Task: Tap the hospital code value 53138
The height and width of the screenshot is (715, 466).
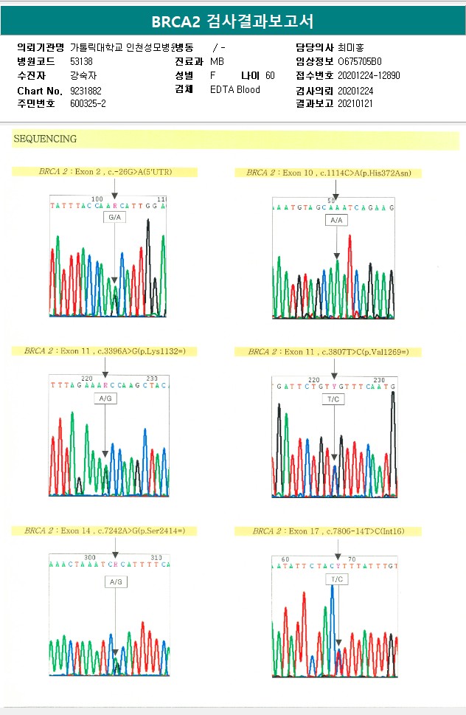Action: click(81, 61)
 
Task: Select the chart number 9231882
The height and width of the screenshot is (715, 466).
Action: click(86, 90)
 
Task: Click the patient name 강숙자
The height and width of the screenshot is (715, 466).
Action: click(83, 75)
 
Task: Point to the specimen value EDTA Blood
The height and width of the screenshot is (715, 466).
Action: click(235, 90)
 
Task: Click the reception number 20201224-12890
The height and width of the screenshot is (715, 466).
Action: click(369, 75)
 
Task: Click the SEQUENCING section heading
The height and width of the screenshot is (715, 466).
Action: click(45, 139)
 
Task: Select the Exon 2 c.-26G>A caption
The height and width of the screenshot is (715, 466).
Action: click(105, 172)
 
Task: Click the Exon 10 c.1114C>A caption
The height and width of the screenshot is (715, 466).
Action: click(328, 173)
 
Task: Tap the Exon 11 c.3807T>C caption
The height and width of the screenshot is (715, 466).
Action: click(328, 352)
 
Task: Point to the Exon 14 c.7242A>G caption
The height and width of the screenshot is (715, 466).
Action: click(105, 531)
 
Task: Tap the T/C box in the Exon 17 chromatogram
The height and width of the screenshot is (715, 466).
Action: click(337, 579)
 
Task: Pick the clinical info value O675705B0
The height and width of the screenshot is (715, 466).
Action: click(360, 61)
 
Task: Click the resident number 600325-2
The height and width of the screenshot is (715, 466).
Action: click(88, 103)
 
